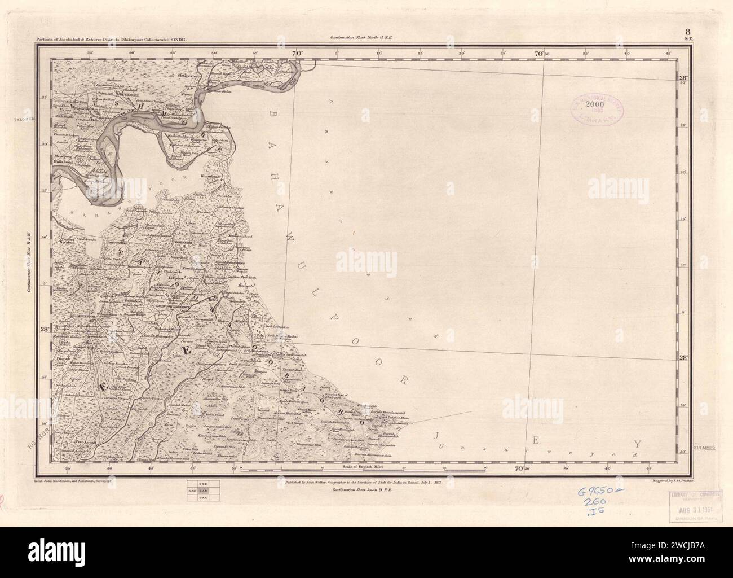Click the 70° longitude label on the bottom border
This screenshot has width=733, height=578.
point(518,468)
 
